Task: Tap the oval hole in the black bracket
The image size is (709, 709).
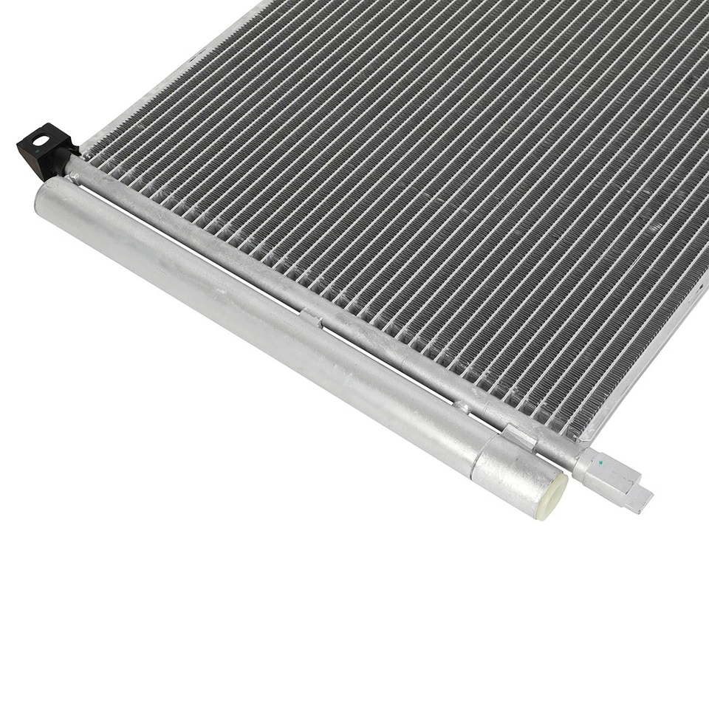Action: (x=41, y=140)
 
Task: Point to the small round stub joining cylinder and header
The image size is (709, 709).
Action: (x=461, y=406)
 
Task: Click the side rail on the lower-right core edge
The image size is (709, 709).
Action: (x=650, y=354)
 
